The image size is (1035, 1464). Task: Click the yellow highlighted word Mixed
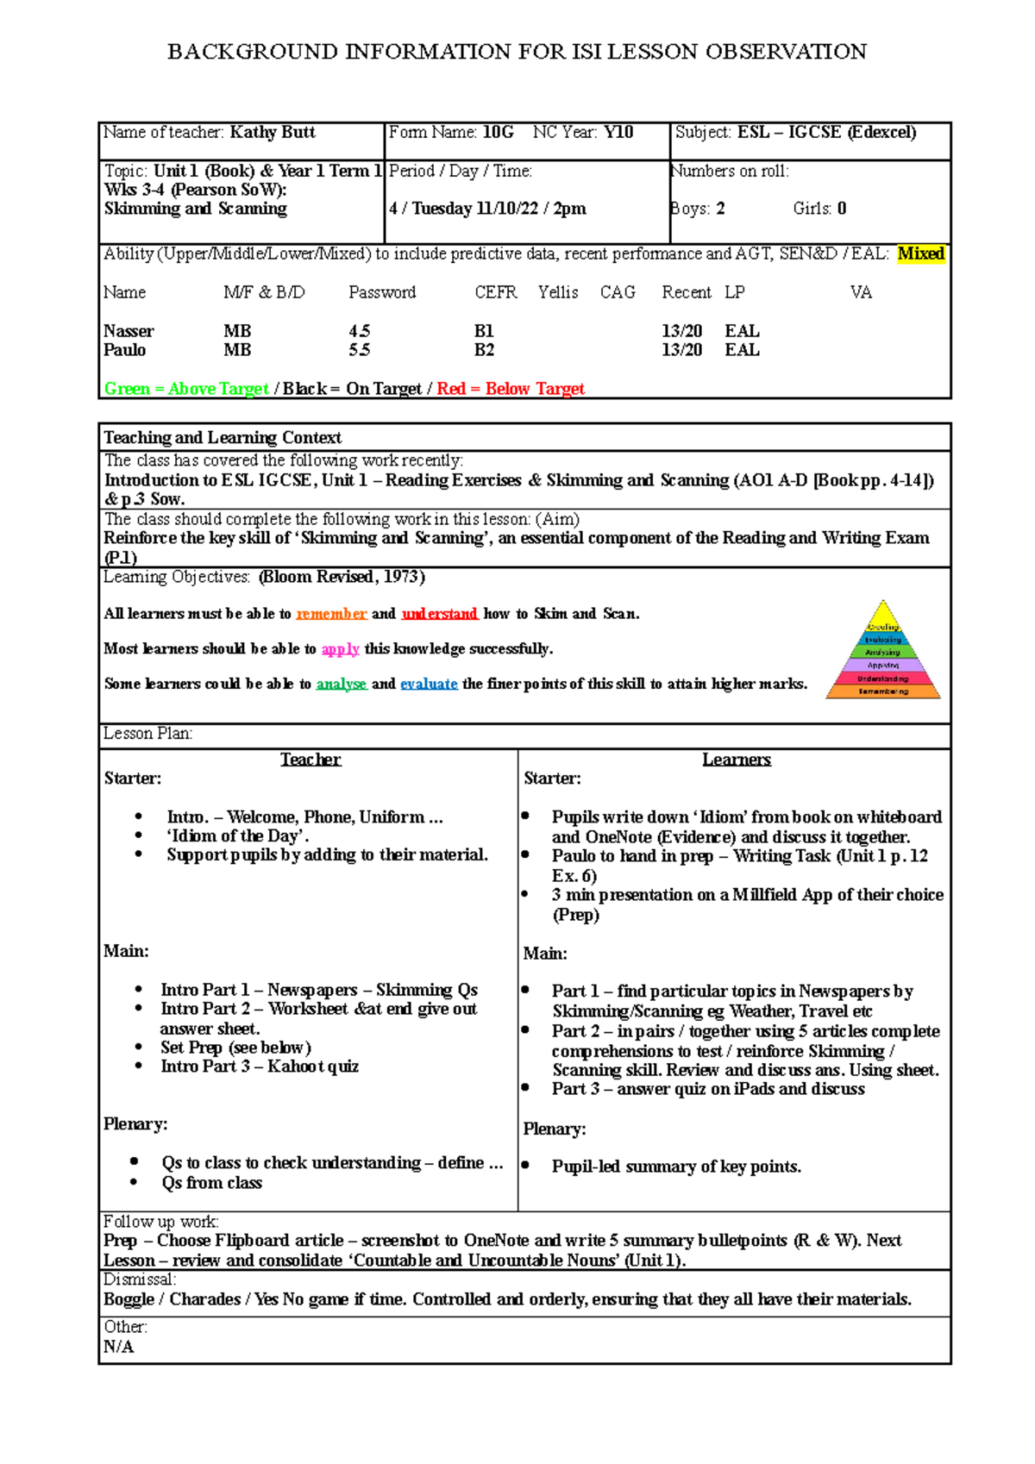[920, 253]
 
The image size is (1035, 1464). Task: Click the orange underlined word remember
[331, 614]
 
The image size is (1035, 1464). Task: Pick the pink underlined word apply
[340, 649]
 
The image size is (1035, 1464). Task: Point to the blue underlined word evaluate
[429, 684]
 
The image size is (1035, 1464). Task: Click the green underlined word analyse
[342, 684]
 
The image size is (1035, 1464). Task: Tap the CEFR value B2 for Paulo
[484, 350]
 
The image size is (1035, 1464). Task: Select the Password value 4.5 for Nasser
[360, 331]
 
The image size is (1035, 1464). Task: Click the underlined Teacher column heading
[310, 760]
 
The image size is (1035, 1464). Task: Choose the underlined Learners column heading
[736, 760]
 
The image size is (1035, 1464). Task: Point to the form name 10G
[498, 132]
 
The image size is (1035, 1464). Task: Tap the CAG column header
[618, 292]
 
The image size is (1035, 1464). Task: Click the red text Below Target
[535, 389]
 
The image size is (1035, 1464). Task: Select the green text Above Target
[218, 389]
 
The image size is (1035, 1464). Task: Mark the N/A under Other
[118, 1347]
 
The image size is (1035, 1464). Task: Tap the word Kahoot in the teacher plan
[298, 1067]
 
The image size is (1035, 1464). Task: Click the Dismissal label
[139, 1279]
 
